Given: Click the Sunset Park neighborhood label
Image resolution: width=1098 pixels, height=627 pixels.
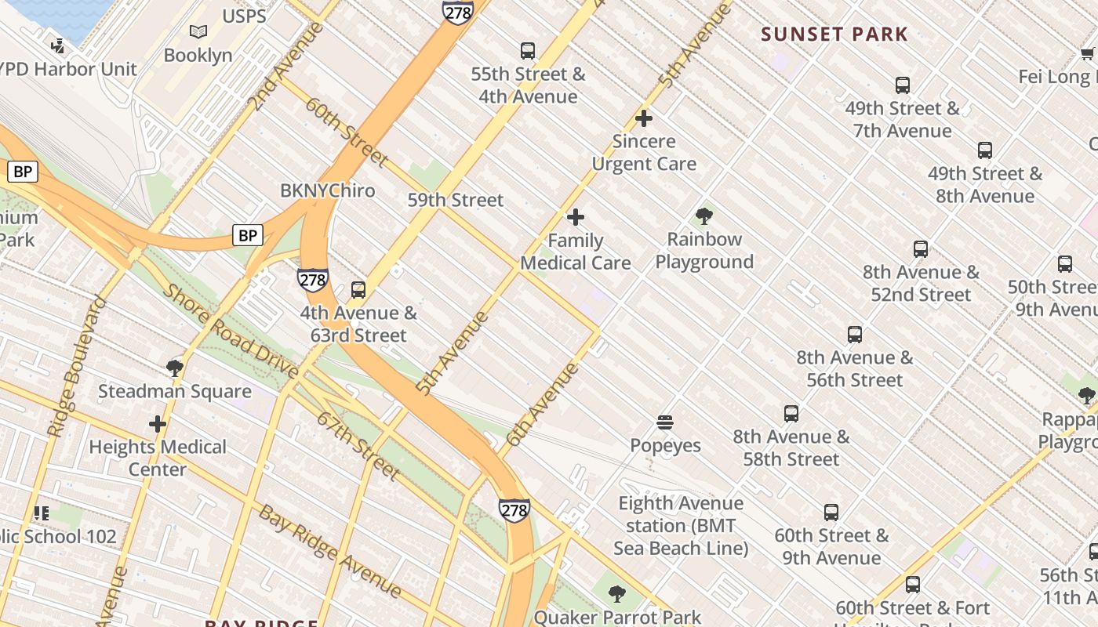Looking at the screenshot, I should pyautogui.click(x=834, y=34).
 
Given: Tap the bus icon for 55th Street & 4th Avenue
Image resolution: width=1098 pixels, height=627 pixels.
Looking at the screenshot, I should pyautogui.click(x=528, y=51).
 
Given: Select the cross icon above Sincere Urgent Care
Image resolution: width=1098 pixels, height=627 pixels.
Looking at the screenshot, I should pyautogui.click(x=644, y=118).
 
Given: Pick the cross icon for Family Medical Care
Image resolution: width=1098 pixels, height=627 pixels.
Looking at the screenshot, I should pyautogui.click(x=576, y=217).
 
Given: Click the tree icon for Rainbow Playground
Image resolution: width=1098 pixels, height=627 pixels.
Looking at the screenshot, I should pyautogui.click(x=704, y=216).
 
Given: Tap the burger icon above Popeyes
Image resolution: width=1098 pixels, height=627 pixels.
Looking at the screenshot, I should pyautogui.click(x=665, y=423).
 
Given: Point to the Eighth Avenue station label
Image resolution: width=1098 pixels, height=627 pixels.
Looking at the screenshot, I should pyautogui.click(x=681, y=525).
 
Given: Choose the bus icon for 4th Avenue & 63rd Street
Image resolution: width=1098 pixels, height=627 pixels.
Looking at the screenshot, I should pyautogui.click(x=358, y=290).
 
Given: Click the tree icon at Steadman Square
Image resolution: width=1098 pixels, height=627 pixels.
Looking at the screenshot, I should pyautogui.click(x=175, y=368).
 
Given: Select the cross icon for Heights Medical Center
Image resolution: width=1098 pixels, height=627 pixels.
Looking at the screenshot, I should pyautogui.click(x=158, y=425).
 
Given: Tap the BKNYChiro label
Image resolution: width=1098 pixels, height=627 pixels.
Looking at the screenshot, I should pyautogui.click(x=328, y=190).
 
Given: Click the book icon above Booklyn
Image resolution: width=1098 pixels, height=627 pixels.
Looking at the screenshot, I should pyautogui.click(x=198, y=32).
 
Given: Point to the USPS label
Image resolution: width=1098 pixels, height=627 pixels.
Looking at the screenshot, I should pyautogui.click(x=244, y=16).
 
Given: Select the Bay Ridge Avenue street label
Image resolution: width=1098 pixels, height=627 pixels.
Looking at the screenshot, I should pyautogui.click(x=330, y=552).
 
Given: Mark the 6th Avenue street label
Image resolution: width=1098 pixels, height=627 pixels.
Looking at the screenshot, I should pyautogui.click(x=542, y=404).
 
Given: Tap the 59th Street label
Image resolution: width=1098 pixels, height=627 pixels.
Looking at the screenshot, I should pyautogui.click(x=456, y=200).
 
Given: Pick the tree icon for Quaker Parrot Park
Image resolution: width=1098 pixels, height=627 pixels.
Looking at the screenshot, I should pyautogui.click(x=617, y=594).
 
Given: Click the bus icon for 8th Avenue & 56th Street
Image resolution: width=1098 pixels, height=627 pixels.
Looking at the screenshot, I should pyautogui.click(x=855, y=335).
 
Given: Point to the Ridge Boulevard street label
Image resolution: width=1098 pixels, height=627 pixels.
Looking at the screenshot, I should pyautogui.click(x=77, y=367).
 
